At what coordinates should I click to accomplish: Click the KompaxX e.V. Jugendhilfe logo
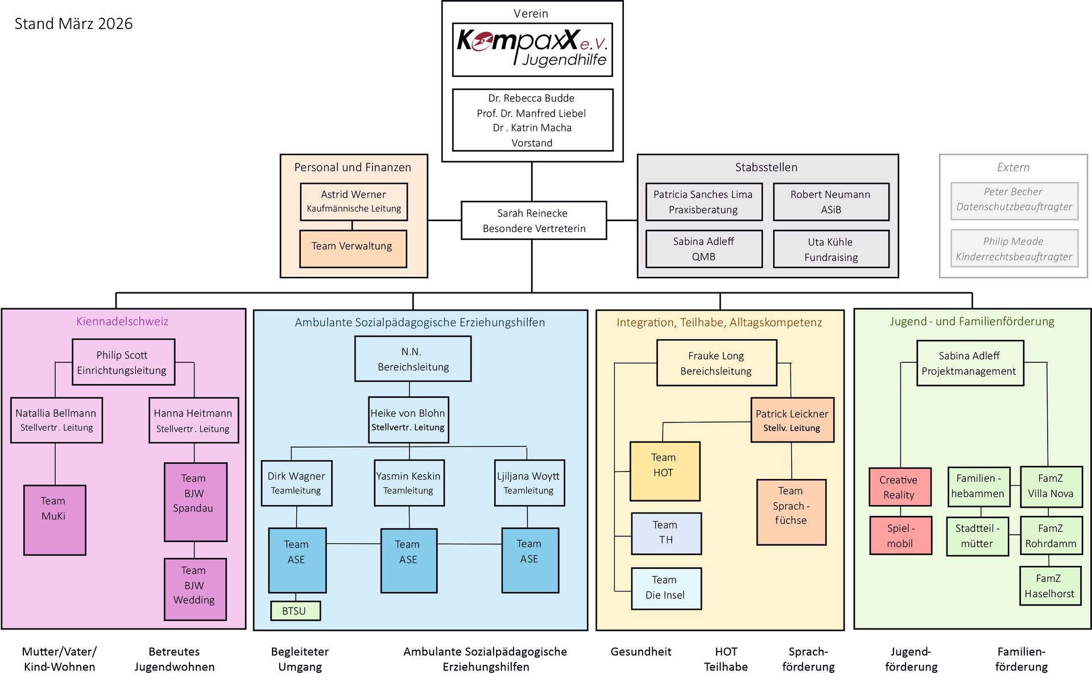tap(532, 49)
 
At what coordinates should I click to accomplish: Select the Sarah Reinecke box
tap(533, 221)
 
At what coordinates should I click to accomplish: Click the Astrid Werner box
tap(354, 201)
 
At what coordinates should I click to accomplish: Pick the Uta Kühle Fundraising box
tap(831, 249)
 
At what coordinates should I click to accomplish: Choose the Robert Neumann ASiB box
tap(831, 202)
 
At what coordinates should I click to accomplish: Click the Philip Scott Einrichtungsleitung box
tap(123, 362)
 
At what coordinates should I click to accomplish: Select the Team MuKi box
tap(55, 520)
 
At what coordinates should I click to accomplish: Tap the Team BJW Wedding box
tap(195, 589)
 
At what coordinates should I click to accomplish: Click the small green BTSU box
tap(295, 611)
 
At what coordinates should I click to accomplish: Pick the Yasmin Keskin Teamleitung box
tap(409, 483)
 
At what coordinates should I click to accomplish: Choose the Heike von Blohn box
tap(408, 420)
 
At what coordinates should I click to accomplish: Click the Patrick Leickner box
tap(792, 420)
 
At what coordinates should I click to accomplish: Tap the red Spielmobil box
tap(900, 535)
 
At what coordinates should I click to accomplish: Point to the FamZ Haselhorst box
tap(1050, 586)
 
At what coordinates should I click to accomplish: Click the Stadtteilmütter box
tap(977, 536)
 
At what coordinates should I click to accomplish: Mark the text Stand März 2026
tap(73, 24)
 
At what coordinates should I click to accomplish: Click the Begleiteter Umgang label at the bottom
tap(300, 659)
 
